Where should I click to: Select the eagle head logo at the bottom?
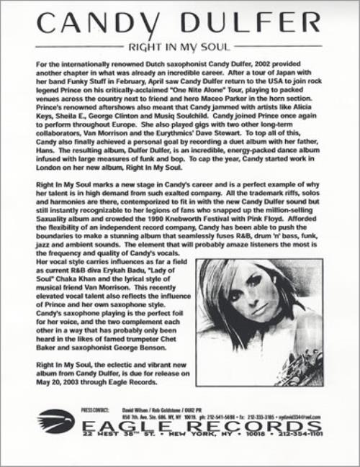pos(55,422)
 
